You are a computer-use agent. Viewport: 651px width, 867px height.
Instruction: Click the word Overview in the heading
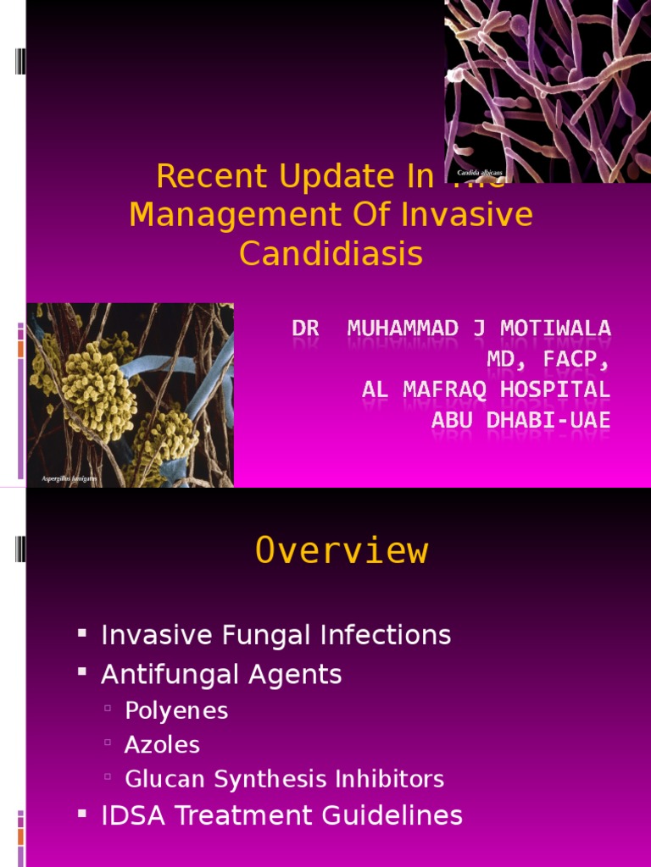(342, 551)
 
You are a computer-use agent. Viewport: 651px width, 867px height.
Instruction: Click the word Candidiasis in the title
(331, 253)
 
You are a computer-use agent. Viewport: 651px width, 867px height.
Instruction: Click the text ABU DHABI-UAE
(520, 421)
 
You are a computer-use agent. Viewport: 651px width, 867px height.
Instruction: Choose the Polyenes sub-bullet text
(176, 710)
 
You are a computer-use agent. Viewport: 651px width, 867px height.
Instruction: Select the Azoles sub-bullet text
(162, 745)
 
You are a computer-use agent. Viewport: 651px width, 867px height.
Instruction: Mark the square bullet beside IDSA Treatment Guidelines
(82, 815)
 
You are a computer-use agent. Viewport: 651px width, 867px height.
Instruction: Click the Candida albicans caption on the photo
(480, 173)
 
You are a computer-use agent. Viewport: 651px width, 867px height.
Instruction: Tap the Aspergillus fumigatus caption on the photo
(70, 479)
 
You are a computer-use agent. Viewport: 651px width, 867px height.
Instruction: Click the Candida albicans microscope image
(548, 85)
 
